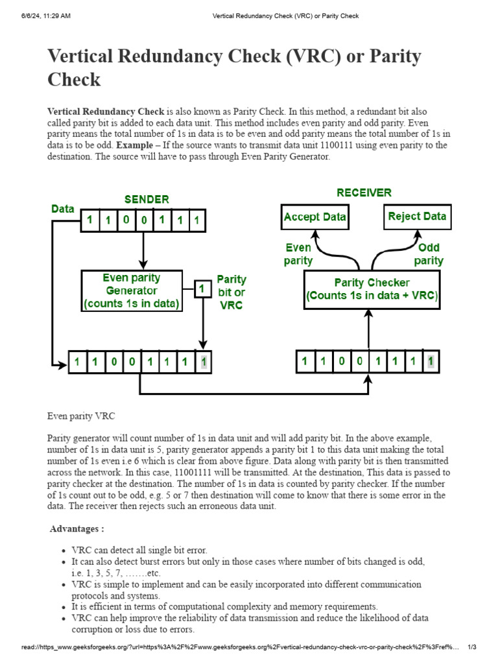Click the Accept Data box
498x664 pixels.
point(314,217)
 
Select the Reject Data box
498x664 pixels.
point(417,216)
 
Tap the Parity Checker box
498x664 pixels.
point(372,290)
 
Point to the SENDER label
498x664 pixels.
point(147,199)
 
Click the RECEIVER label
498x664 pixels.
point(364,193)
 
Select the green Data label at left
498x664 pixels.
point(63,209)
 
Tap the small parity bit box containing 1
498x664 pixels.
point(204,288)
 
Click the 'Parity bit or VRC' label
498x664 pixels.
point(231,292)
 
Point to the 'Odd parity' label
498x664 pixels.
point(429,254)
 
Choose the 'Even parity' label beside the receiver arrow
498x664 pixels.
point(298,254)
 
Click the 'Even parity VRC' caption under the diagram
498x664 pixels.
point(81,415)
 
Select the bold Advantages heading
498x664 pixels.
point(77,528)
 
